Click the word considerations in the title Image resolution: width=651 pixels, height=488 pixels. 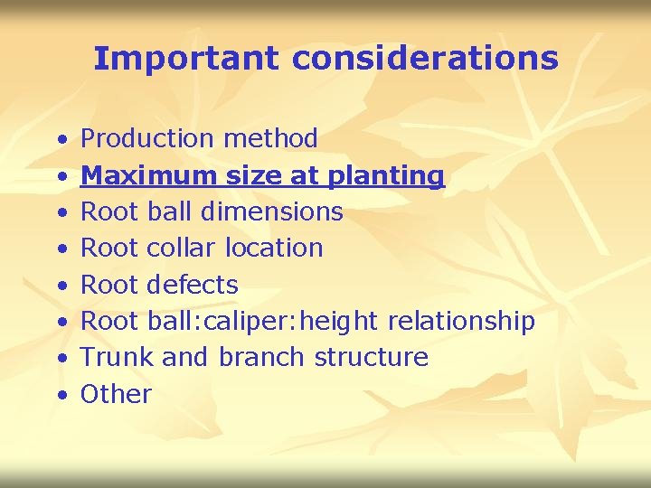point(425,59)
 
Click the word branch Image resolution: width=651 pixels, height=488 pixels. point(261,357)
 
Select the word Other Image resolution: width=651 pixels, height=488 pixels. point(117,394)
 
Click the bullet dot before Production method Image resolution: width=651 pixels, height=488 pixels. point(60,141)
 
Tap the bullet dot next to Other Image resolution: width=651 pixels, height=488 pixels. point(60,396)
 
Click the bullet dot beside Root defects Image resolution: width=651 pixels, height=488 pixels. point(60,286)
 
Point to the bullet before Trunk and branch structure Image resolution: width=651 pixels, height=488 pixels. point(60,359)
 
